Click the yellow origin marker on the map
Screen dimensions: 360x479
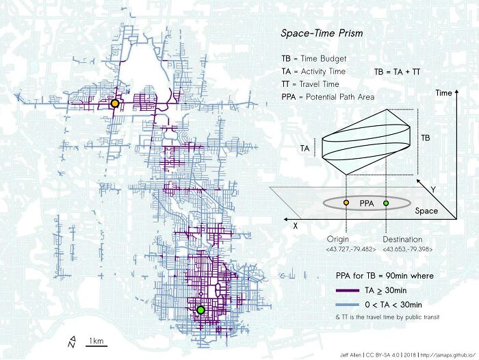click(115, 103)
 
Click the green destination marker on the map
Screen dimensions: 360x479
click(200, 310)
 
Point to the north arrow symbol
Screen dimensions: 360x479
click(72, 339)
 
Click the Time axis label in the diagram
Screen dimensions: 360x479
click(444, 92)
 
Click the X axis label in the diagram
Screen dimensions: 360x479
click(295, 224)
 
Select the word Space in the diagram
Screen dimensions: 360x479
click(426, 211)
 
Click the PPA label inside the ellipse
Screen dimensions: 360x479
click(367, 203)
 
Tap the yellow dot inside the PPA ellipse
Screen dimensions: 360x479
click(346, 203)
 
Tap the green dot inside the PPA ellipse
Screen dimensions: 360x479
click(386, 203)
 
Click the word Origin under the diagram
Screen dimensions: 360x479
click(338, 239)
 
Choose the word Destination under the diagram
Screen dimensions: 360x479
click(402, 239)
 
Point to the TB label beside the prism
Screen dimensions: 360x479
click(426, 138)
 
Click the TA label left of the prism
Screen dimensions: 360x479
click(305, 148)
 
